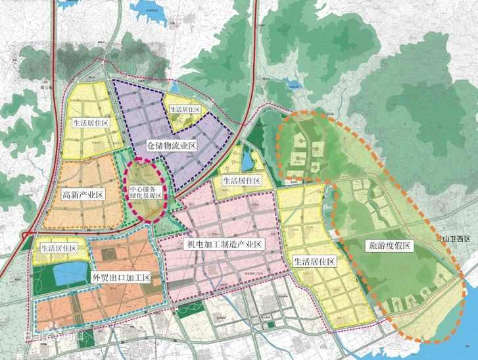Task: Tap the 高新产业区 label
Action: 84,195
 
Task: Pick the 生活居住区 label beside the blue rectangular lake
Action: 59,248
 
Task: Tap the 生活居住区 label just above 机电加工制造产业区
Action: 241,180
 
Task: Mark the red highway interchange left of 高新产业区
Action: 26,234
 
